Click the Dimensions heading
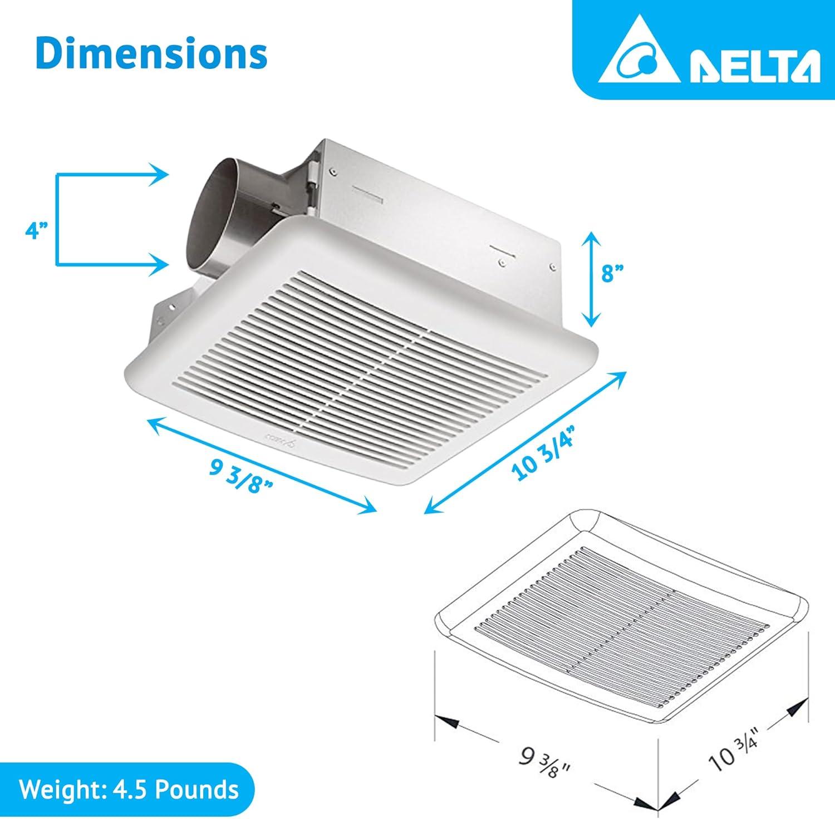tap(151, 53)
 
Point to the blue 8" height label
tap(615, 273)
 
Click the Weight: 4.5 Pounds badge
tap(129, 789)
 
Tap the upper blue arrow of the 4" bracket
tap(111, 174)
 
